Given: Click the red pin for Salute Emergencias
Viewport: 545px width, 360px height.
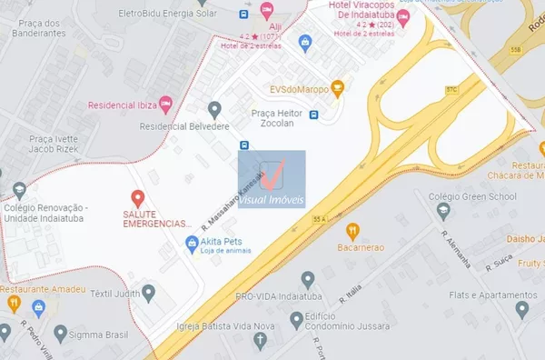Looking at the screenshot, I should pyautogui.click(x=137, y=197).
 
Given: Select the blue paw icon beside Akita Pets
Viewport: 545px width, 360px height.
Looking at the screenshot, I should pyautogui.click(x=192, y=243).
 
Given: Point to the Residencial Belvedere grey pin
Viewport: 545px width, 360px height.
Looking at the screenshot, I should pyautogui.click(x=214, y=110).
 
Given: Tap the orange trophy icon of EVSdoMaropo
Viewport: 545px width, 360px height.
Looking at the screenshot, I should pyautogui.click(x=338, y=88).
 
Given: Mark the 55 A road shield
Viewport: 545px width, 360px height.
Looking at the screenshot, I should pyautogui.click(x=319, y=219).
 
